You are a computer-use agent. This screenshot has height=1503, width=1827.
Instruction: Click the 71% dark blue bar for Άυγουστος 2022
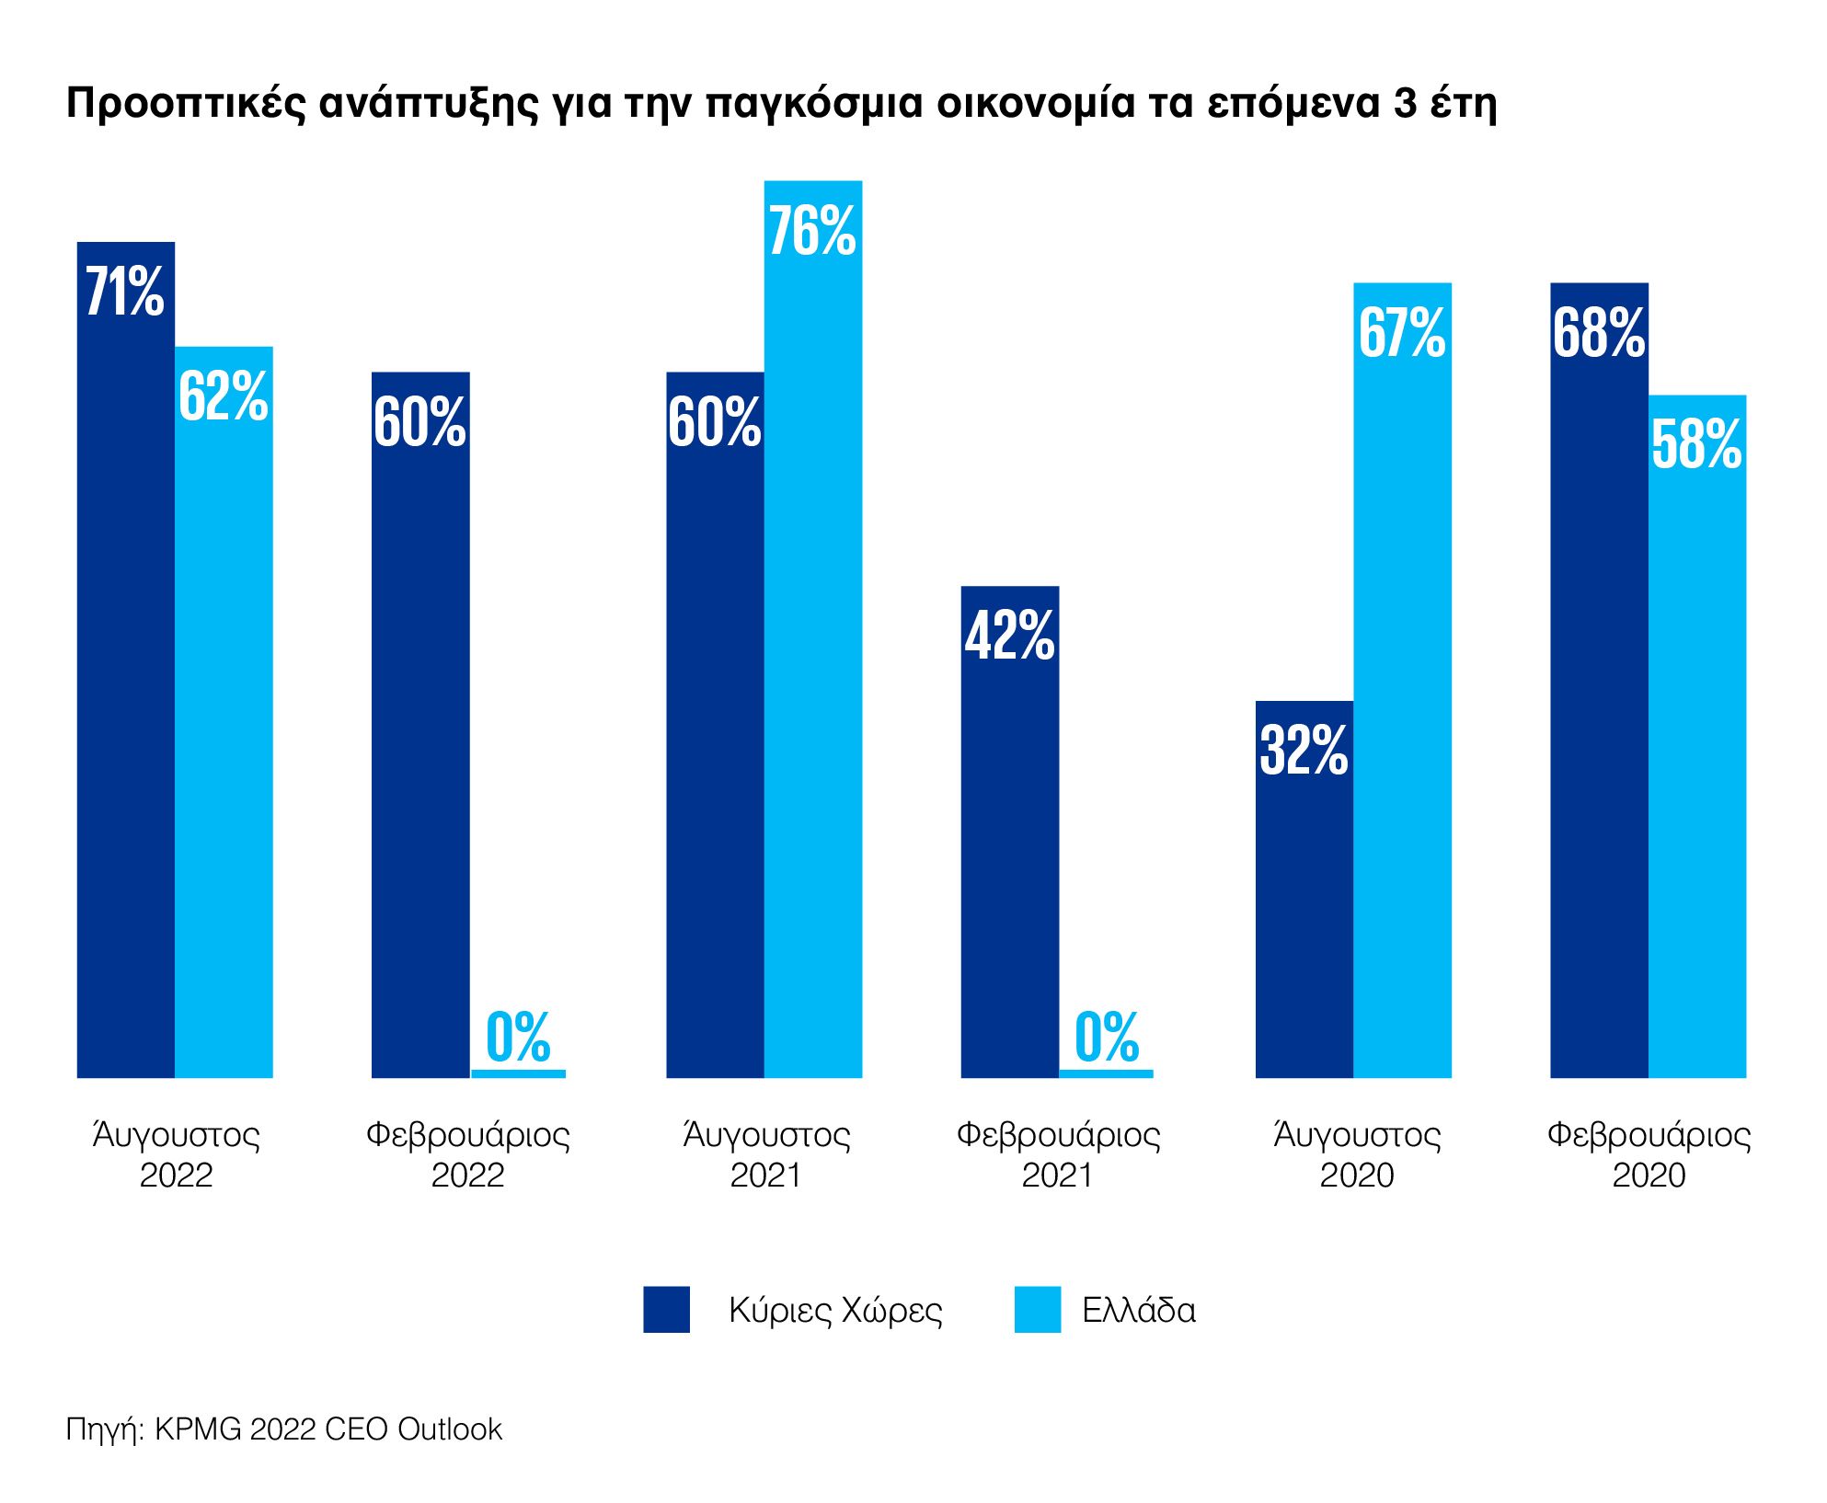point(126,659)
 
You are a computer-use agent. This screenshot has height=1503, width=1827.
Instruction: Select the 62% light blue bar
point(224,711)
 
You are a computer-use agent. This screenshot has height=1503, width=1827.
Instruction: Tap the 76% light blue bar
point(813,628)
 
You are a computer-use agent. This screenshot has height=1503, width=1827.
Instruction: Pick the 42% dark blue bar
point(1010,831)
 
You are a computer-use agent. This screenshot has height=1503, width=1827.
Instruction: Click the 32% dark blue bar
point(1304,889)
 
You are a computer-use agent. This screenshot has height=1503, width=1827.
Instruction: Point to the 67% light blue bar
point(1402,680)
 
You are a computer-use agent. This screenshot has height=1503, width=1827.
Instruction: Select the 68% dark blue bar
point(1599,680)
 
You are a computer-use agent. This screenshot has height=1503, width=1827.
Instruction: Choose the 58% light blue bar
point(1697,736)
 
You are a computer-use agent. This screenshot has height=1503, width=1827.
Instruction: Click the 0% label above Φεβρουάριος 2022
point(518,1037)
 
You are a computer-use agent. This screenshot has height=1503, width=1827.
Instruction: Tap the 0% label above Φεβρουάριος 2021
point(1107,1037)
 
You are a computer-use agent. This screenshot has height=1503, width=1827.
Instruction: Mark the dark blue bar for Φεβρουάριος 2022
point(420,724)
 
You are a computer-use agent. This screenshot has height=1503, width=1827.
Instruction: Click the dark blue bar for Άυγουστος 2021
point(715,724)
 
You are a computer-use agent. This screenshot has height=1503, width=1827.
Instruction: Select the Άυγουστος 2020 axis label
point(1357,1154)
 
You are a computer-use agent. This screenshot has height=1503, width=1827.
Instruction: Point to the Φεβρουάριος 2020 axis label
point(1649,1154)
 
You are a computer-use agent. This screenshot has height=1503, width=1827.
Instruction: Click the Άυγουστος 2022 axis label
point(176,1154)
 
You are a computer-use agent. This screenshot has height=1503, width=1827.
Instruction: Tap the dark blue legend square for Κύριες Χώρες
point(666,1309)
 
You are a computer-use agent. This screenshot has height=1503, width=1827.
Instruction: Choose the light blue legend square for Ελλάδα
point(1038,1309)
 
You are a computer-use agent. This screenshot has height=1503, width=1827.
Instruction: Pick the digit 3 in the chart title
point(1405,103)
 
